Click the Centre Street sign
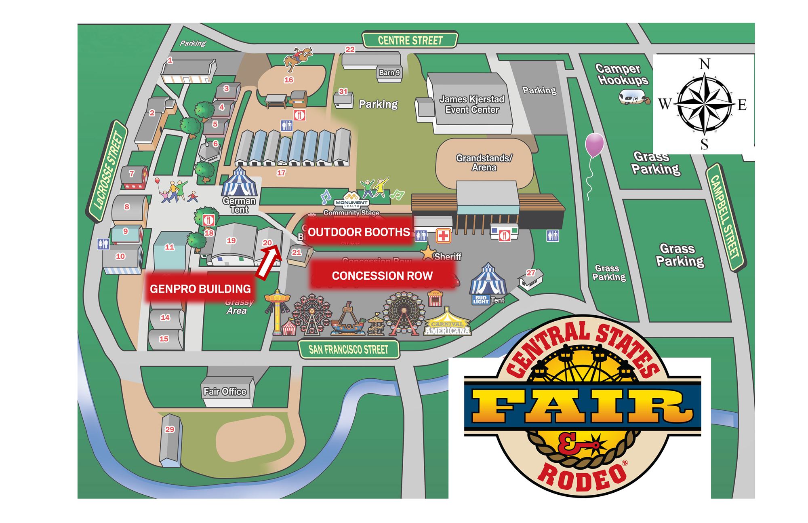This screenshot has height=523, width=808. (x=410, y=40)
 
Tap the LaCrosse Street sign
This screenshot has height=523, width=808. (x=107, y=171)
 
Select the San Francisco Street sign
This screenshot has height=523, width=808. (x=349, y=350)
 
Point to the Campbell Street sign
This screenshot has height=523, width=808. (x=725, y=217)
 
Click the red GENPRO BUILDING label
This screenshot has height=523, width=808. (x=200, y=289)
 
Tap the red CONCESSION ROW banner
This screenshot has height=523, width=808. (x=382, y=276)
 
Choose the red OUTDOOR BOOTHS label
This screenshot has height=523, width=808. (x=359, y=232)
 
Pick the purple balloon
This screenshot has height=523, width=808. (x=594, y=145)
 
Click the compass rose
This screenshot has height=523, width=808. (x=704, y=103)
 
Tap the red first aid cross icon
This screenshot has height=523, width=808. (x=443, y=236)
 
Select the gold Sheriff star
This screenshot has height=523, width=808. (x=427, y=253)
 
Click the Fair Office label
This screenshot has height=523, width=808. (x=225, y=391)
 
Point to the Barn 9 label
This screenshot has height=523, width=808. (x=389, y=73)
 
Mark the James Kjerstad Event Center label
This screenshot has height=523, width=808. (x=472, y=104)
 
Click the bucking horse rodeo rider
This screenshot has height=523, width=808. (x=298, y=59)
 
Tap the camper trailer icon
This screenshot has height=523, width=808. (x=633, y=97)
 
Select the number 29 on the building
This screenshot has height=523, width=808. (x=170, y=429)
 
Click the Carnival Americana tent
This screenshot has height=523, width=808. (x=447, y=323)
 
